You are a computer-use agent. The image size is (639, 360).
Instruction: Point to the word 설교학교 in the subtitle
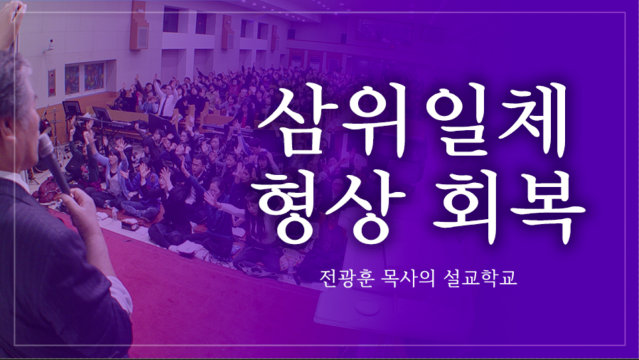[489, 278]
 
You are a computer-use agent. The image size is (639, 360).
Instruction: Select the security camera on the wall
[51, 45]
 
